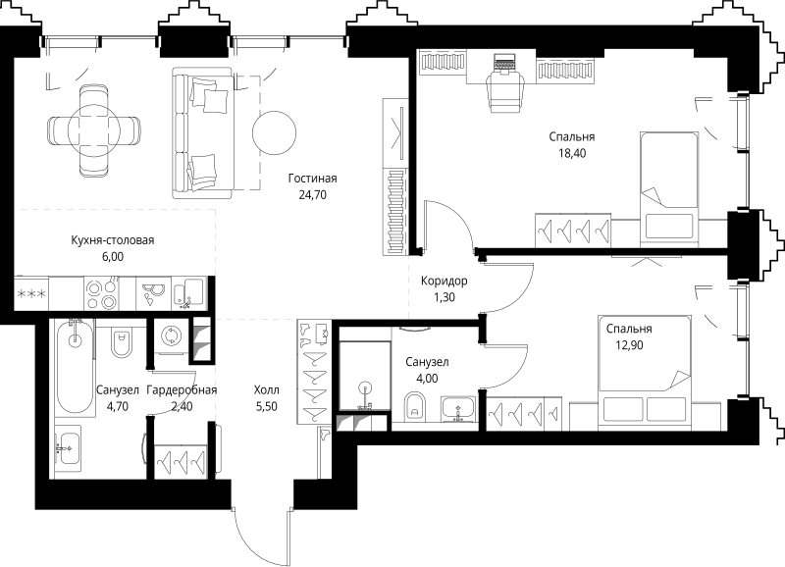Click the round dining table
(x=94, y=130)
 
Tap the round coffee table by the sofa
(x=274, y=132)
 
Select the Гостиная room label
(x=312, y=179)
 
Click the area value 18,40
(x=572, y=153)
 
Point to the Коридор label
(x=445, y=281)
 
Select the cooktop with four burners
(x=102, y=294)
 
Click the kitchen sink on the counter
(x=188, y=292)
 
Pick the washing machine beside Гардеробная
(x=171, y=336)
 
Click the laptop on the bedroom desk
(x=504, y=62)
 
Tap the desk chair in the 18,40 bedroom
(x=505, y=91)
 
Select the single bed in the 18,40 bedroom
(x=669, y=189)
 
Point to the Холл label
(x=266, y=389)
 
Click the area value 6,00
(x=112, y=257)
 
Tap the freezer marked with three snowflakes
(x=31, y=293)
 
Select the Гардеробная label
(x=182, y=389)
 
